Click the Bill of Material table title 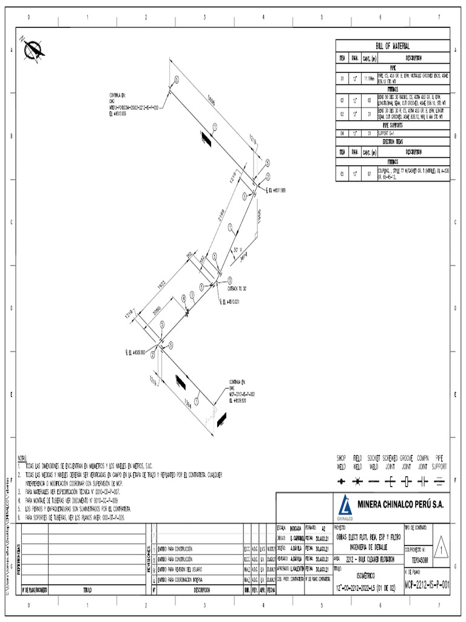point(393,46)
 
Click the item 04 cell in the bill point(342,132)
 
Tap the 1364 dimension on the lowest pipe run point(190,402)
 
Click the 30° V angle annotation point(238,250)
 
